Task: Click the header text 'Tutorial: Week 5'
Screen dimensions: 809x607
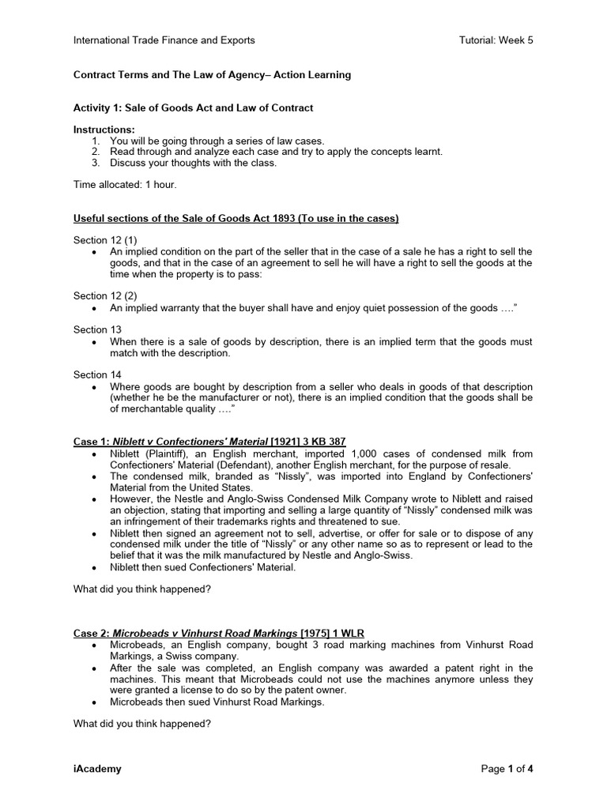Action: pyautogui.click(x=496, y=40)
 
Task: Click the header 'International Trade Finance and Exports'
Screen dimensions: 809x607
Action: pyautogui.click(x=164, y=40)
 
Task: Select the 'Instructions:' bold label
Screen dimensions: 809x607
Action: pyautogui.click(x=104, y=130)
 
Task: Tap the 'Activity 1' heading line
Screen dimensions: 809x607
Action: pyautogui.click(x=194, y=107)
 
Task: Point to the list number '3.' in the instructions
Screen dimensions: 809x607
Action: pyautogui.click(x=96, y=163)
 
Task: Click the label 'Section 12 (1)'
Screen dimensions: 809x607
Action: pyautogui.click(x=106, y=240)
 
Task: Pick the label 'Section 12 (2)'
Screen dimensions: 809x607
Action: pyautogui.click(x=106, y=295)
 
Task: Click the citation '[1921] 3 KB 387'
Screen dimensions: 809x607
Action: pyautogui.click(x=308, y=441)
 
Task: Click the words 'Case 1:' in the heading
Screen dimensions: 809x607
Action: pyautogui.click(x=92, y=441)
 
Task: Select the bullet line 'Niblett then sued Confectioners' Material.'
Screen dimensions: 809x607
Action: pyautogui.click(x=203, y=568)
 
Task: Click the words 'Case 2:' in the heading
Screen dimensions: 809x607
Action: pyautogui.click(x=92, y=632)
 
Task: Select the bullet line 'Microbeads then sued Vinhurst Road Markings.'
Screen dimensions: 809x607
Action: pyautogui.click(x=217, y=702)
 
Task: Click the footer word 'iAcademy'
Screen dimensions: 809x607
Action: pyautogui.click(x=98, y=769)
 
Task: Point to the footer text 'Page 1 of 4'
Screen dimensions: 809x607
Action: pyautogui.click(x=507, y=769)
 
